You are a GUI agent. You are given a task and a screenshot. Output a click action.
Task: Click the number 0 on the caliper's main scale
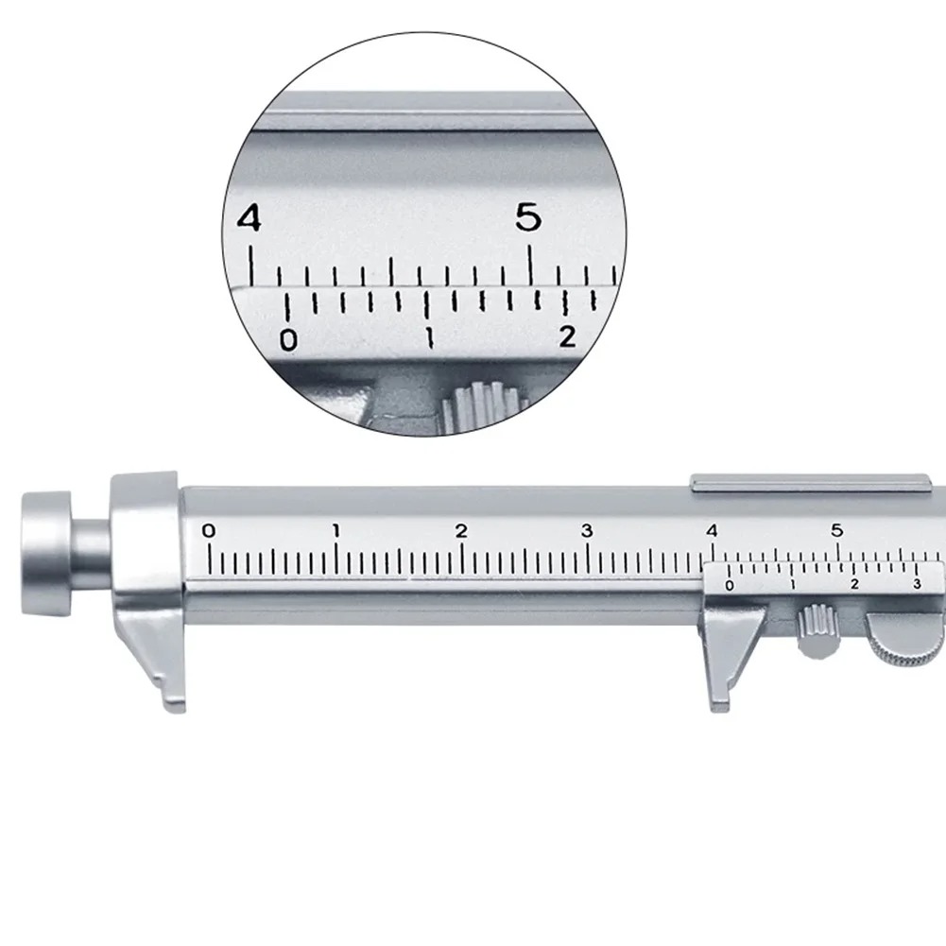[209, 531]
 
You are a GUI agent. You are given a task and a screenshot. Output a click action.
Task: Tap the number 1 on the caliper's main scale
[336, 531]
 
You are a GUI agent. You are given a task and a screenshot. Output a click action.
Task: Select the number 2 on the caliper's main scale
[461, 531]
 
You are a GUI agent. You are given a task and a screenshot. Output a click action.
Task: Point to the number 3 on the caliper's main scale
[587, 531]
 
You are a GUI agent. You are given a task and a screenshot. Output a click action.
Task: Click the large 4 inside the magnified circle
[249, 219]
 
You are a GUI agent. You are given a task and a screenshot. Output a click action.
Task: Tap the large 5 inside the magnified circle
[529, 219]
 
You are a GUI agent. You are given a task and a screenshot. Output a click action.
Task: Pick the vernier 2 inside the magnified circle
[567, 336]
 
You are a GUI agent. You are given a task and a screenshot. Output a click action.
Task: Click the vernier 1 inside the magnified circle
[430, 338]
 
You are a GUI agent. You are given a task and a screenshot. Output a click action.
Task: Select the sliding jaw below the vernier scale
[728, 662]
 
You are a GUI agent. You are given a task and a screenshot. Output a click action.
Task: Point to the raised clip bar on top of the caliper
[808, 483]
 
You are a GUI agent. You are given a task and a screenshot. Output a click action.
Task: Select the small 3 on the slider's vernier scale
[916, 585]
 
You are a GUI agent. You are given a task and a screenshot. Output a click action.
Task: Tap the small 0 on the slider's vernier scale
[728, 586]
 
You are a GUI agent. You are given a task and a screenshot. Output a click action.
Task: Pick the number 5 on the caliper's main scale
[837, 530]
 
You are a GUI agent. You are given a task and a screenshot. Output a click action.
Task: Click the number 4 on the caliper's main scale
[712, 530]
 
